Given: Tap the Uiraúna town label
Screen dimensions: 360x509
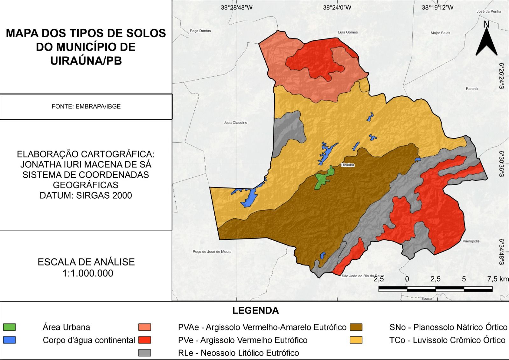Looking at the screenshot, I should tap(347, 165).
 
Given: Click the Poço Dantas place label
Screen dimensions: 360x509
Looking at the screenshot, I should tap(200, 31).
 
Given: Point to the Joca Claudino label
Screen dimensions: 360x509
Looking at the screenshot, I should tap(235, 123).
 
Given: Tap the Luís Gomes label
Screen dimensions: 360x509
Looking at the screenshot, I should tap(348, 32).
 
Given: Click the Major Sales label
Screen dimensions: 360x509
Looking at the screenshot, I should tap(440, 33).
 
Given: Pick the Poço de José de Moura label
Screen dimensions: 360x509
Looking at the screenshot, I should tap(212, 251).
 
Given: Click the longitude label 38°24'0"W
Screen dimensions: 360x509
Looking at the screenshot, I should tap(337, 7).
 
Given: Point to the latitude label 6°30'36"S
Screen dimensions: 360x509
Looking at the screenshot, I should tap(502, 164).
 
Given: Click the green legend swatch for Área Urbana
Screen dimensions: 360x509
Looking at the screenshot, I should tap(9, 327).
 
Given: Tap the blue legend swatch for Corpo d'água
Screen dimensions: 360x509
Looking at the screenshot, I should tap(9, 340).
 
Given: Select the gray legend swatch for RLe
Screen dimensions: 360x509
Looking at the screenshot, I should tap(145, 353).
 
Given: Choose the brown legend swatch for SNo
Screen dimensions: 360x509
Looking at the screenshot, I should tap(356, 327).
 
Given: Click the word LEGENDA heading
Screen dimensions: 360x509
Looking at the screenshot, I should tap(255, 311).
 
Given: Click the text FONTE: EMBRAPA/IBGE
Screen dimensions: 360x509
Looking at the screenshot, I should tap(86, 107).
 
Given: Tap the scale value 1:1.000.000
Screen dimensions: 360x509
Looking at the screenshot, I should tap(88, 273).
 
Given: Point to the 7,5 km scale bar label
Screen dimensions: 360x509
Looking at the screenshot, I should tap(498, 279).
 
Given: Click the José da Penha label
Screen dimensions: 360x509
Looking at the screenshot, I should tap(489, 11).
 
